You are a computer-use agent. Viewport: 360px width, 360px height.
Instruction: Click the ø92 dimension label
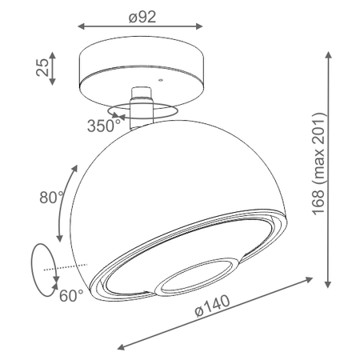point(142,17)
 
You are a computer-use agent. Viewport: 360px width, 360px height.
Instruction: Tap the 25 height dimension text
point(42,67)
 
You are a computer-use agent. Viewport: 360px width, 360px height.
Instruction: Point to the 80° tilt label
point(52,198)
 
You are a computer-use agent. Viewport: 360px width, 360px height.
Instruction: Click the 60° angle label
point(71,295)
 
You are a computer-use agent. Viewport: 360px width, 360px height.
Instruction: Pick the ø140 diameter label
point(213,306)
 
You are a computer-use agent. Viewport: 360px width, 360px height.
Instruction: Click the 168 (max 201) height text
point(319,164)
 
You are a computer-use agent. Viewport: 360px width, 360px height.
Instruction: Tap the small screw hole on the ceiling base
point(161,80)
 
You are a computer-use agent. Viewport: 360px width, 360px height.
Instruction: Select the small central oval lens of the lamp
point(197,277)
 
